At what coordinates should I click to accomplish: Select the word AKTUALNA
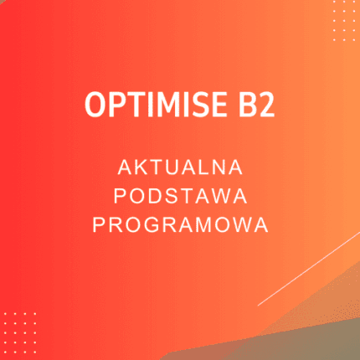coord(180,167)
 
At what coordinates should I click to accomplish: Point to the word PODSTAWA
coord(180,196)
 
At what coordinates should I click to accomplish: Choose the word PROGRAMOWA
coord(180,224)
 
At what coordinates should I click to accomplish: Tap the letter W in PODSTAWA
coord(222,196)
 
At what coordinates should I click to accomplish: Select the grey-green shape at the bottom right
coord(318,331)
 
